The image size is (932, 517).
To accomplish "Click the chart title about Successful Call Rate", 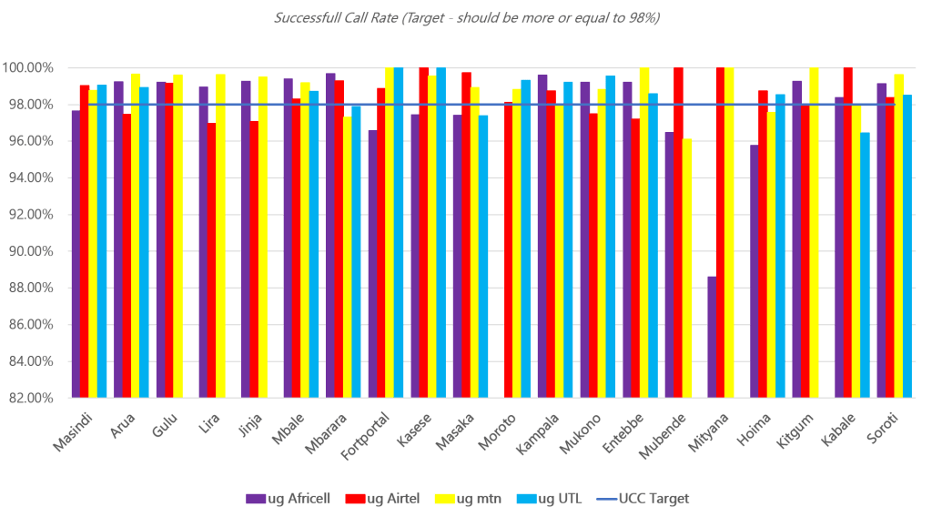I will click(466, 17).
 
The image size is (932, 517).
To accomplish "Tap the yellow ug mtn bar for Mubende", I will click(687, 268).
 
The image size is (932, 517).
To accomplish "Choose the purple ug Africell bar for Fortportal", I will click(372, 263).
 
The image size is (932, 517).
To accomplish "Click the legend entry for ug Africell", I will click(288, 498).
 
